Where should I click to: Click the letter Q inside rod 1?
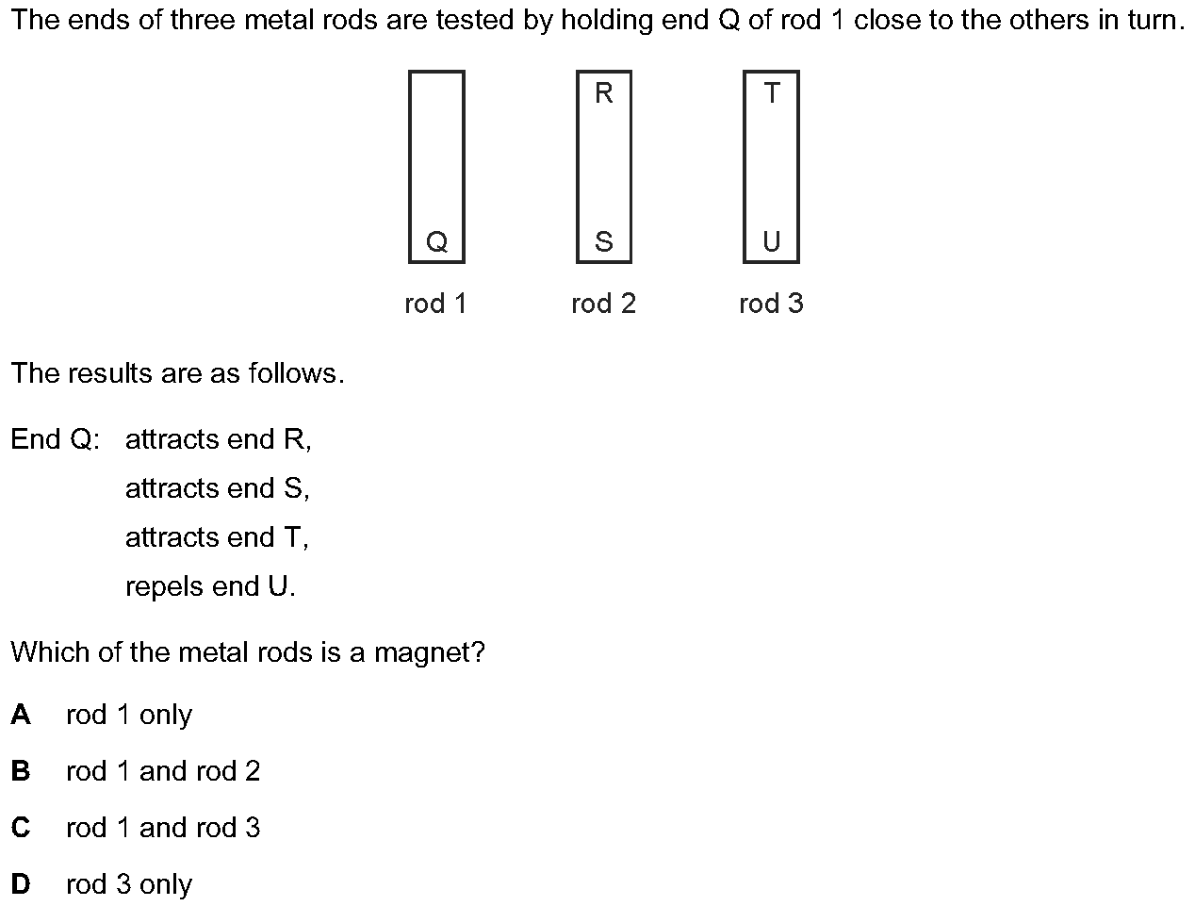coord(436,241)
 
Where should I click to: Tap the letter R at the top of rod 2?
coord(604,93)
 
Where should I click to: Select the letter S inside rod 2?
coord(604,241)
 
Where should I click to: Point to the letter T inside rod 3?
coord(772,93)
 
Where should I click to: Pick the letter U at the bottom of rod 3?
coord(772,241)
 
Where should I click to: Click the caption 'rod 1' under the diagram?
coord(435,304)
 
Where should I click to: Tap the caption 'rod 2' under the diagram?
coord(604,304)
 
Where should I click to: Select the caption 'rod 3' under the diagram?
coord(772,304)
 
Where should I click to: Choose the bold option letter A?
coord(21,715)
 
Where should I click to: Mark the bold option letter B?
coord(21,771)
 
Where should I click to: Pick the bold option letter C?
coord(21,828)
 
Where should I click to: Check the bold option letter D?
coord(21,884)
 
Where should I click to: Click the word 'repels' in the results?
coord(164,587)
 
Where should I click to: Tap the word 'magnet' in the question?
coord(424,652)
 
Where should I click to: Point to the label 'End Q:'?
coord(55,439)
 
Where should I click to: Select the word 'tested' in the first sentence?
coord(474,20)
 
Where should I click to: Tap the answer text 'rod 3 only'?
coord(129,884)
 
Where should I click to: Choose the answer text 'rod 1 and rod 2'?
coord(163,771)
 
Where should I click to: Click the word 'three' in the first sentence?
coord(202,20)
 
